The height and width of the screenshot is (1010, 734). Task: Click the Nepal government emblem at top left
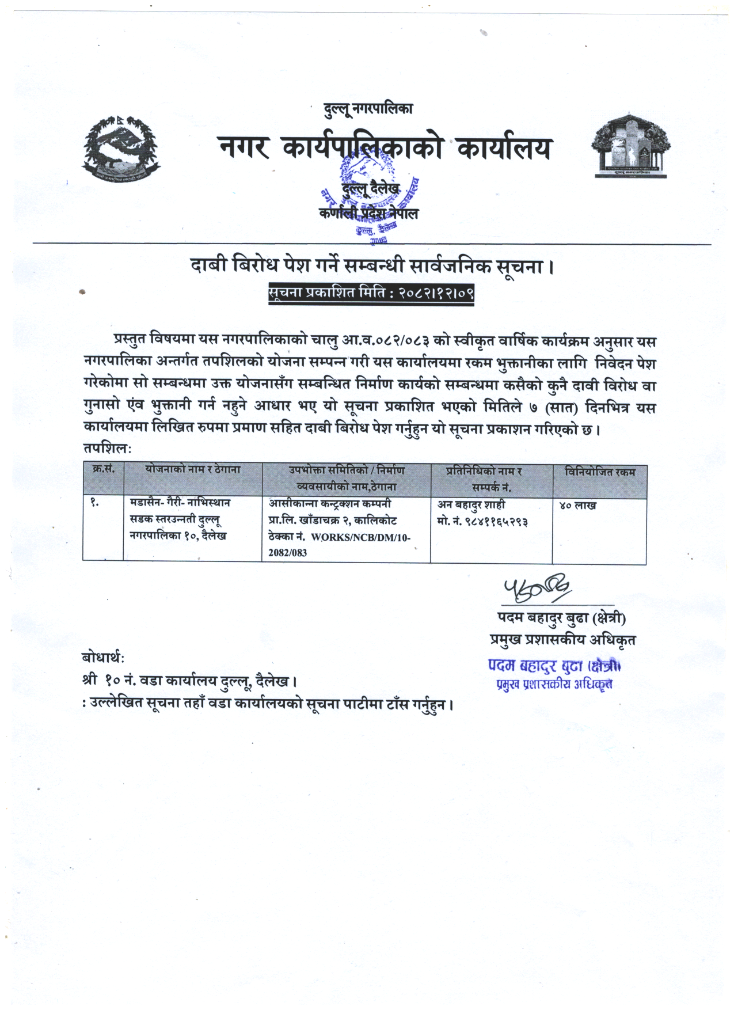point(121,147)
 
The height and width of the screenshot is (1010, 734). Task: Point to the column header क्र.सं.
point(104,470)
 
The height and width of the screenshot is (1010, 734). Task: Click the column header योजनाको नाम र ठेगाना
point(193,470)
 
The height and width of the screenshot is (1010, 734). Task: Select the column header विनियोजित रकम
point(600,472)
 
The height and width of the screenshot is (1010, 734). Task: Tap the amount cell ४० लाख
point(577,506)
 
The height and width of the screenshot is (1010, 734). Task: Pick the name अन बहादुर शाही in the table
point(471,505)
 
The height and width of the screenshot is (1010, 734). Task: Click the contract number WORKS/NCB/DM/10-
point(361,537)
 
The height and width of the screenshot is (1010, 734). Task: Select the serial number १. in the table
point(95,503)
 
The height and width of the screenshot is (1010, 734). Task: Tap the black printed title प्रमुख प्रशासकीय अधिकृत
point(562,640)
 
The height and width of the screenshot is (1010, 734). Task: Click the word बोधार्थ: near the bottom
point(104,658)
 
